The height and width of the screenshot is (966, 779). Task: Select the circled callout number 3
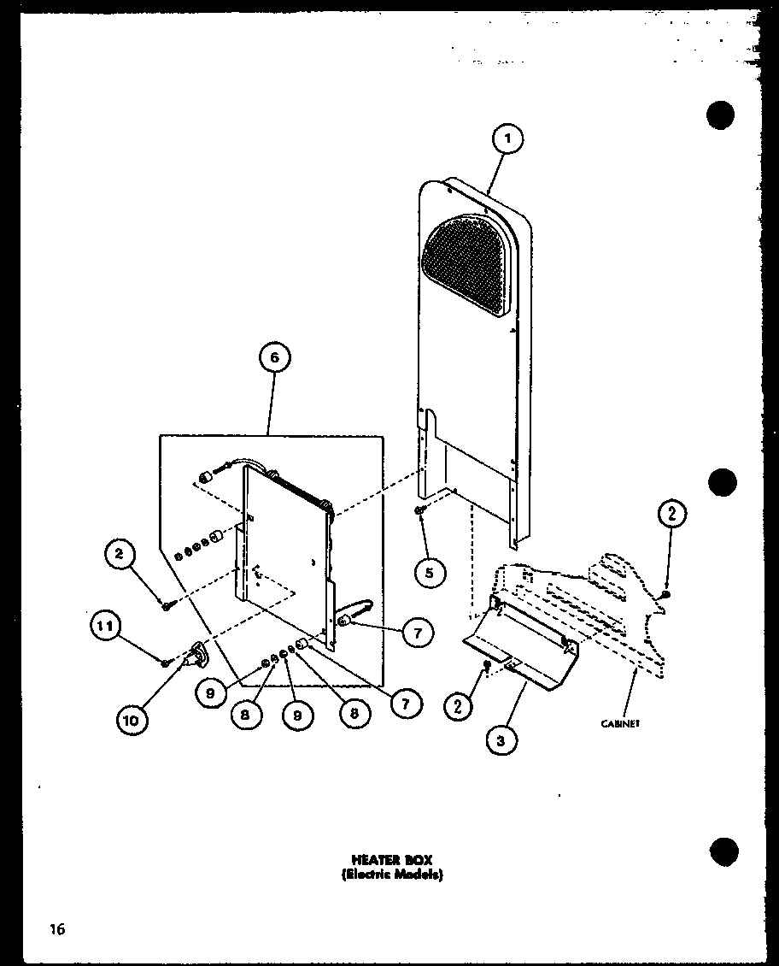point(501,741)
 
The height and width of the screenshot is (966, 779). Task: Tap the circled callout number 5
point(429,572)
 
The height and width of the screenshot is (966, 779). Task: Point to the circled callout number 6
point(273,359)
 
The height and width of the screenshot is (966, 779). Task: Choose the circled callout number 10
point(131,720)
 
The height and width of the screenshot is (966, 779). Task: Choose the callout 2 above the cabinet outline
point(671,514)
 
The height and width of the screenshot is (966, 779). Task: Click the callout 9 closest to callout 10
point(210,694)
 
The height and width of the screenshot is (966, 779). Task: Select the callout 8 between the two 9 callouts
point(246,716)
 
